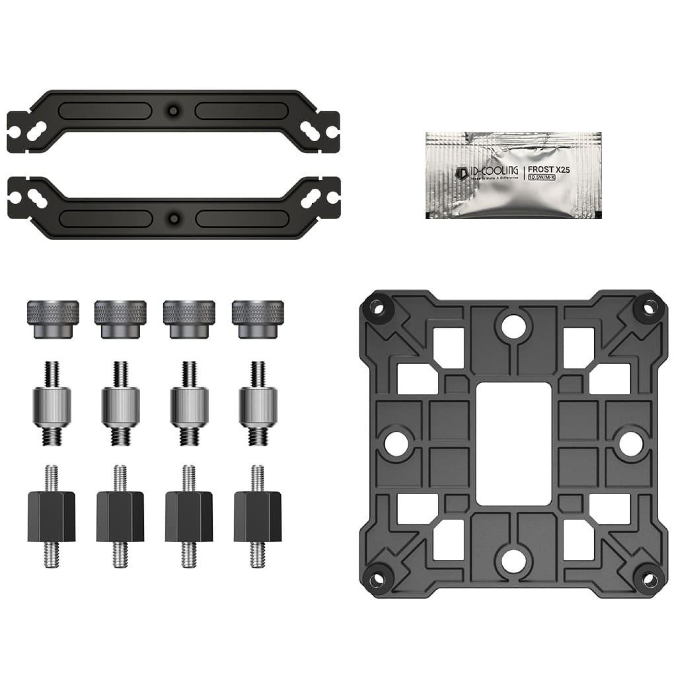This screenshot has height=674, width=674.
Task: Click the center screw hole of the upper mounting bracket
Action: coord(173,111)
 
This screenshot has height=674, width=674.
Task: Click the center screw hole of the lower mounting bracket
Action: coord(174,219)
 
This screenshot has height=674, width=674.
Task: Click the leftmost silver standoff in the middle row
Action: coord(52,403)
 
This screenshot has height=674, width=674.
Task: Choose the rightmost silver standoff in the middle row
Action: coord(258,403)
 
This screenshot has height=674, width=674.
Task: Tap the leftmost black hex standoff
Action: coord(52,516)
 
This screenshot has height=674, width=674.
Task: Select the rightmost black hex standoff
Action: coord(258,516)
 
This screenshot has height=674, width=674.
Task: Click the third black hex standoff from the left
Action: coord(189,516)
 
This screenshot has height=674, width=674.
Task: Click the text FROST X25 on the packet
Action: coord(549,169)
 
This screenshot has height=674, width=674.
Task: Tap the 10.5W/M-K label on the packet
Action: coord(542,177)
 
